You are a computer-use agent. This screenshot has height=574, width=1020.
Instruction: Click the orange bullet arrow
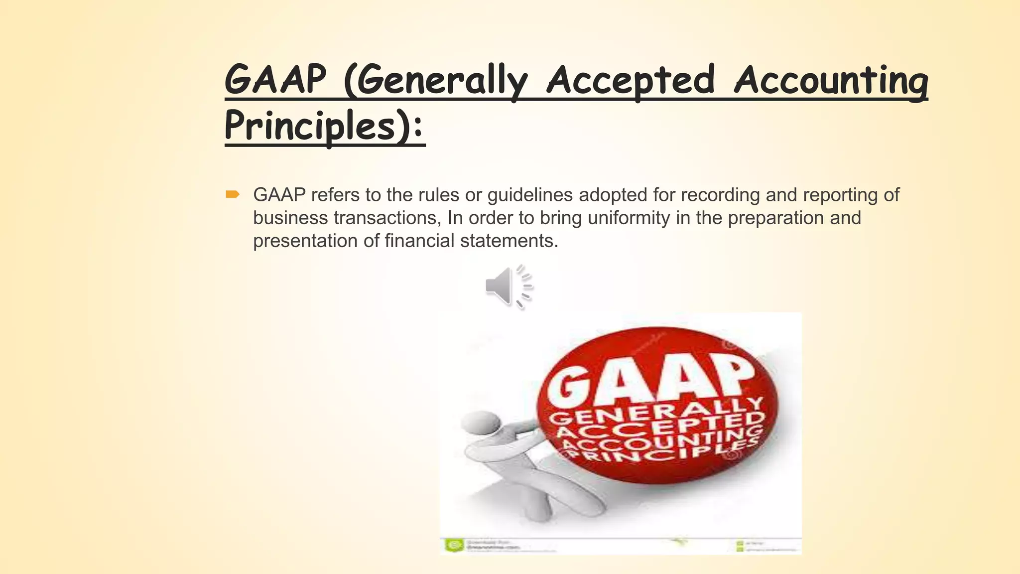pyautogui.click(x=233, y=194)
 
